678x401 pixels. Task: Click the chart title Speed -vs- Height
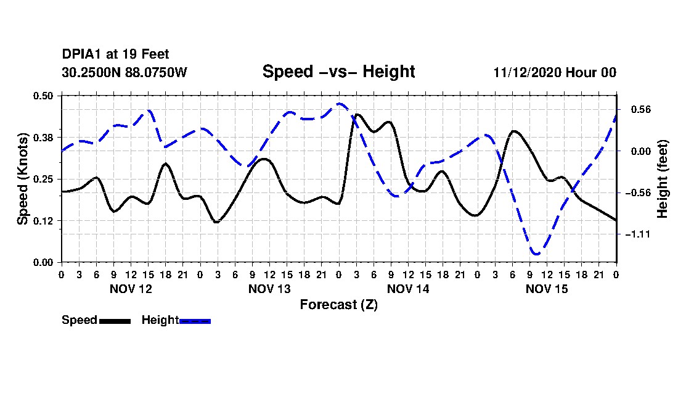[338, 72]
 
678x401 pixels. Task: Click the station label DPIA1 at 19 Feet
[115, 54]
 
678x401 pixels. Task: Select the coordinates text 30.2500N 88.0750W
[125, 72]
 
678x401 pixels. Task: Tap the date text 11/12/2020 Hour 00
[555, 72]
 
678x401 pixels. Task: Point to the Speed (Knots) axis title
[23, 178]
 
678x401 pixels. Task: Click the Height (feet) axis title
[663, 179]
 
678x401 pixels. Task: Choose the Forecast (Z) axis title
[338, 304]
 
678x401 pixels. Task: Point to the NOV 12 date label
[130, 288]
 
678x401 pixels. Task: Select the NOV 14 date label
[408, 288]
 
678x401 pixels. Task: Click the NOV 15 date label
[547, 288]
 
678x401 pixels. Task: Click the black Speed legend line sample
[115, 321]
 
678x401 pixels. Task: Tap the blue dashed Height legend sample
[195, 321]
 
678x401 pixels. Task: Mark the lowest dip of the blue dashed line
[536, 254]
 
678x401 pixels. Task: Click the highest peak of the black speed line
[357, 114]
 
